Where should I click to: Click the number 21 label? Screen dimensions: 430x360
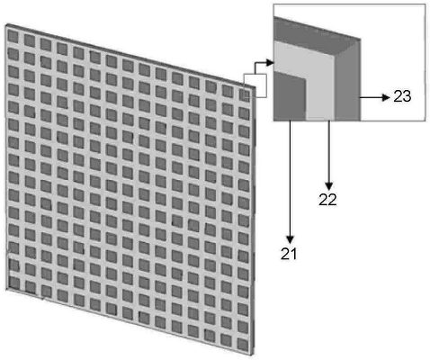click(289, 254)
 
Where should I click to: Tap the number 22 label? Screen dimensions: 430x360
click(327, 200)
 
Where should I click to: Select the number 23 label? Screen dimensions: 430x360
click(402, 96)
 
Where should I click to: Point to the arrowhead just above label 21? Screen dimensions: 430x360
click(290, 239)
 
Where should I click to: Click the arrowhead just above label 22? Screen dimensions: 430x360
click(329, 185)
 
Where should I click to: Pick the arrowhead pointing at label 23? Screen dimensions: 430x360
click(386, 97)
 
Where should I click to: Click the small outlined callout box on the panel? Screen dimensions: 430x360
click(255, 85)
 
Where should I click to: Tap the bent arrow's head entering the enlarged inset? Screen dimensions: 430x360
click(270, 63)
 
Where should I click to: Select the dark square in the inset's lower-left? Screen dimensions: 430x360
click(290, 96)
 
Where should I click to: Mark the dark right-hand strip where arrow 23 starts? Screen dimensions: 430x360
click(348, 87)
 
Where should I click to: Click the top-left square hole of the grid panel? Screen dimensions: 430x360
click(13, 37)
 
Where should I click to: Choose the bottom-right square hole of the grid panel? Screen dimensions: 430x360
click(243, 344)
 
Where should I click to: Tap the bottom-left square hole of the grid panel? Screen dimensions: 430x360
click(14, 283)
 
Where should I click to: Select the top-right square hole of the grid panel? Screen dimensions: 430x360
click(244, 95)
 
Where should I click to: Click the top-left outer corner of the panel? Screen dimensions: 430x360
click(5, 24)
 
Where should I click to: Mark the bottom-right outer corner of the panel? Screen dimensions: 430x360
click(254, 356)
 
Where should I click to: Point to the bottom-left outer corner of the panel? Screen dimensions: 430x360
click(6, 290)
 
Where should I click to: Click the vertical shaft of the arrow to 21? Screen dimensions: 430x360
click(290, 178)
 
